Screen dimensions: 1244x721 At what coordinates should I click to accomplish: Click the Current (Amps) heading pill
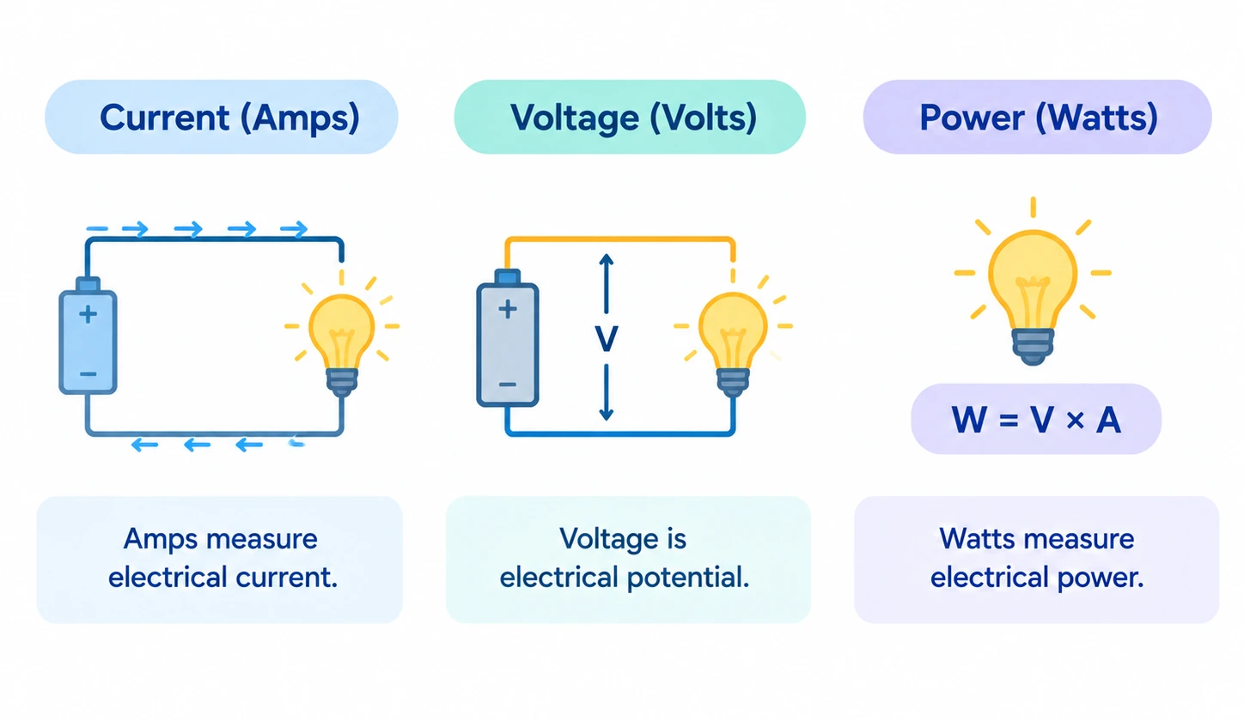(x=221, y=117)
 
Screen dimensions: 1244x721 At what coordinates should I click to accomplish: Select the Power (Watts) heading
(x=1038, y=117)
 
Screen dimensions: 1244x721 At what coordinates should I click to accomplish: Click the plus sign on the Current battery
(x=88, y=315)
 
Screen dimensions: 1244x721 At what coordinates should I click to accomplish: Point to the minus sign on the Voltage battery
(x=507, y=384)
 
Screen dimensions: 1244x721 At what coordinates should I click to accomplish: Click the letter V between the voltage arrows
(x=607, y=338)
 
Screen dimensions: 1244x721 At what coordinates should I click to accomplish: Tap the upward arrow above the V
(x=607, y=283)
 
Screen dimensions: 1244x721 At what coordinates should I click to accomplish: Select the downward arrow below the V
(x=607, y=392)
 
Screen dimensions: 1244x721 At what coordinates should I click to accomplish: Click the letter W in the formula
(x=968, y=420)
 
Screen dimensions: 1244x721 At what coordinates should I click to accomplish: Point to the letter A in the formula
(x=1108, y=420)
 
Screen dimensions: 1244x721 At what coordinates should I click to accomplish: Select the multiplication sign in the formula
(x=1075, y=421)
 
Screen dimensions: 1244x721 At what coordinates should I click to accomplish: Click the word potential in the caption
(x=688, y=579)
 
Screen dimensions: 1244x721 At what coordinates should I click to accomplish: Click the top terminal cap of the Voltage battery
(x=507, y=277)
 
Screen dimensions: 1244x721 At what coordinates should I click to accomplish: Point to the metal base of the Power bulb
(x=1033, y=347)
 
